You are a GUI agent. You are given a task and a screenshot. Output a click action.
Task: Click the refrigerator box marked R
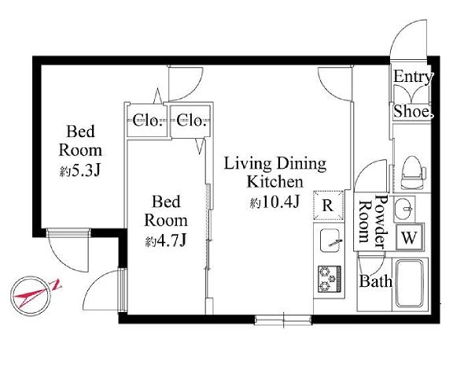tap(329, 206)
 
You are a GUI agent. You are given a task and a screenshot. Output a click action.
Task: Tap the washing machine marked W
tap(410, 237)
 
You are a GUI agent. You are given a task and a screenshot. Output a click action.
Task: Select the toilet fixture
tap(413, 173)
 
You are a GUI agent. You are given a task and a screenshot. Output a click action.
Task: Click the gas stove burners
tap(330, 279)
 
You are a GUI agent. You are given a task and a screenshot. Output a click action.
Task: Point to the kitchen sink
tap(330, 240)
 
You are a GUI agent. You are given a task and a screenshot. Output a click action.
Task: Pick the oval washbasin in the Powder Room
tap(404, 209)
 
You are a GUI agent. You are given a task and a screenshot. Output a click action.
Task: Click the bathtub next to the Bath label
tap(410, 284)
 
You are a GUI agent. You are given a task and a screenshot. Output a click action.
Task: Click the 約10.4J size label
tap(274, 203)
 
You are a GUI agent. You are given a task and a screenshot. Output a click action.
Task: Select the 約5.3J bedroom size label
tap(80, 172)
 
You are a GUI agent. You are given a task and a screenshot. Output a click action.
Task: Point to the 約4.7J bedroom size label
tap(165, 241)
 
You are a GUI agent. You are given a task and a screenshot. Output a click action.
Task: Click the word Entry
tap(413, 77)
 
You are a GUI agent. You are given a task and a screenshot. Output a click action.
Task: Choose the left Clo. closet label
tap(147, 121)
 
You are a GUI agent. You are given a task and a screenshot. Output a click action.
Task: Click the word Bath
tap(376, 281)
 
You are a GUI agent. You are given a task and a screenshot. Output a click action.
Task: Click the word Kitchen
tap(275, 182)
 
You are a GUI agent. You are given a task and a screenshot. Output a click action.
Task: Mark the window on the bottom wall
tap(283, 320)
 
